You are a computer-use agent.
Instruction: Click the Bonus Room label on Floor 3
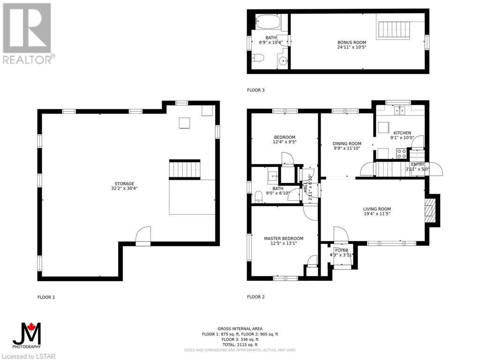(352, 43)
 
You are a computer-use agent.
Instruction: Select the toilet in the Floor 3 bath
(258, 58)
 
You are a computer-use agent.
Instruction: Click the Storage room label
(124, 184)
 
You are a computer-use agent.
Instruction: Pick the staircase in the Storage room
(185, 170)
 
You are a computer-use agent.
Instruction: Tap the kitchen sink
(400, 110)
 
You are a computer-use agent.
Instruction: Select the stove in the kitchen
(402, 153)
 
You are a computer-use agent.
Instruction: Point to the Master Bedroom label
(284, 239)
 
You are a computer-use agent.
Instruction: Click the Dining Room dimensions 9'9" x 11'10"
(346, 148)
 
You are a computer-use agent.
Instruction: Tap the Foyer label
(342, 250)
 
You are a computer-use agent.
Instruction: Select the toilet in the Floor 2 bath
(259, 196)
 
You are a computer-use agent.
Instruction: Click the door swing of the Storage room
(143, 234)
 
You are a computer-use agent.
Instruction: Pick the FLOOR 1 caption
(46, 297)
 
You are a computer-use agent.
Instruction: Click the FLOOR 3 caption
(255, 90)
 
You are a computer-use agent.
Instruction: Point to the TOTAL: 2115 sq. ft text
(240, 345)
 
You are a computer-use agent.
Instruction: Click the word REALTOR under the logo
(27, 60)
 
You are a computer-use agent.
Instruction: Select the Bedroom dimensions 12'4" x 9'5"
(285, 142)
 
